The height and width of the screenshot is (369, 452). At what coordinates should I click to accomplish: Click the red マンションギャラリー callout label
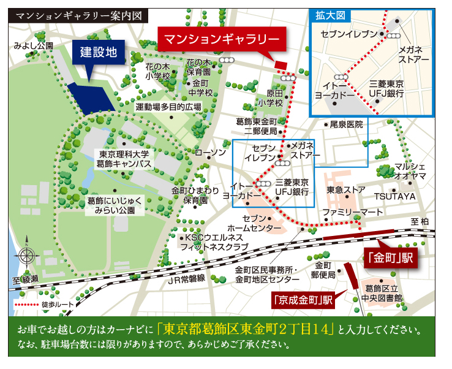click(x=223, y=39)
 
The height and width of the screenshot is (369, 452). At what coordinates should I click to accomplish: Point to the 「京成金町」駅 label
click(x=303, y=300)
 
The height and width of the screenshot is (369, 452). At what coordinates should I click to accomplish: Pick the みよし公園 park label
click(x=34, y=45)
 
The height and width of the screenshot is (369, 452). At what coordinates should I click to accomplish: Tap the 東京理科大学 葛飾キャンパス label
click(x=124, y=159)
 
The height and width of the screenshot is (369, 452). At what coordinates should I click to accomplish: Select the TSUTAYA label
click(x=395, y=196)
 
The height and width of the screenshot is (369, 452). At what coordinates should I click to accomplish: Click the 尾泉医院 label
click(x=347, y=124)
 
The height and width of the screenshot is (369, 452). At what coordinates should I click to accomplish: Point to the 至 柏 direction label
click(x=420, y=221)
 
